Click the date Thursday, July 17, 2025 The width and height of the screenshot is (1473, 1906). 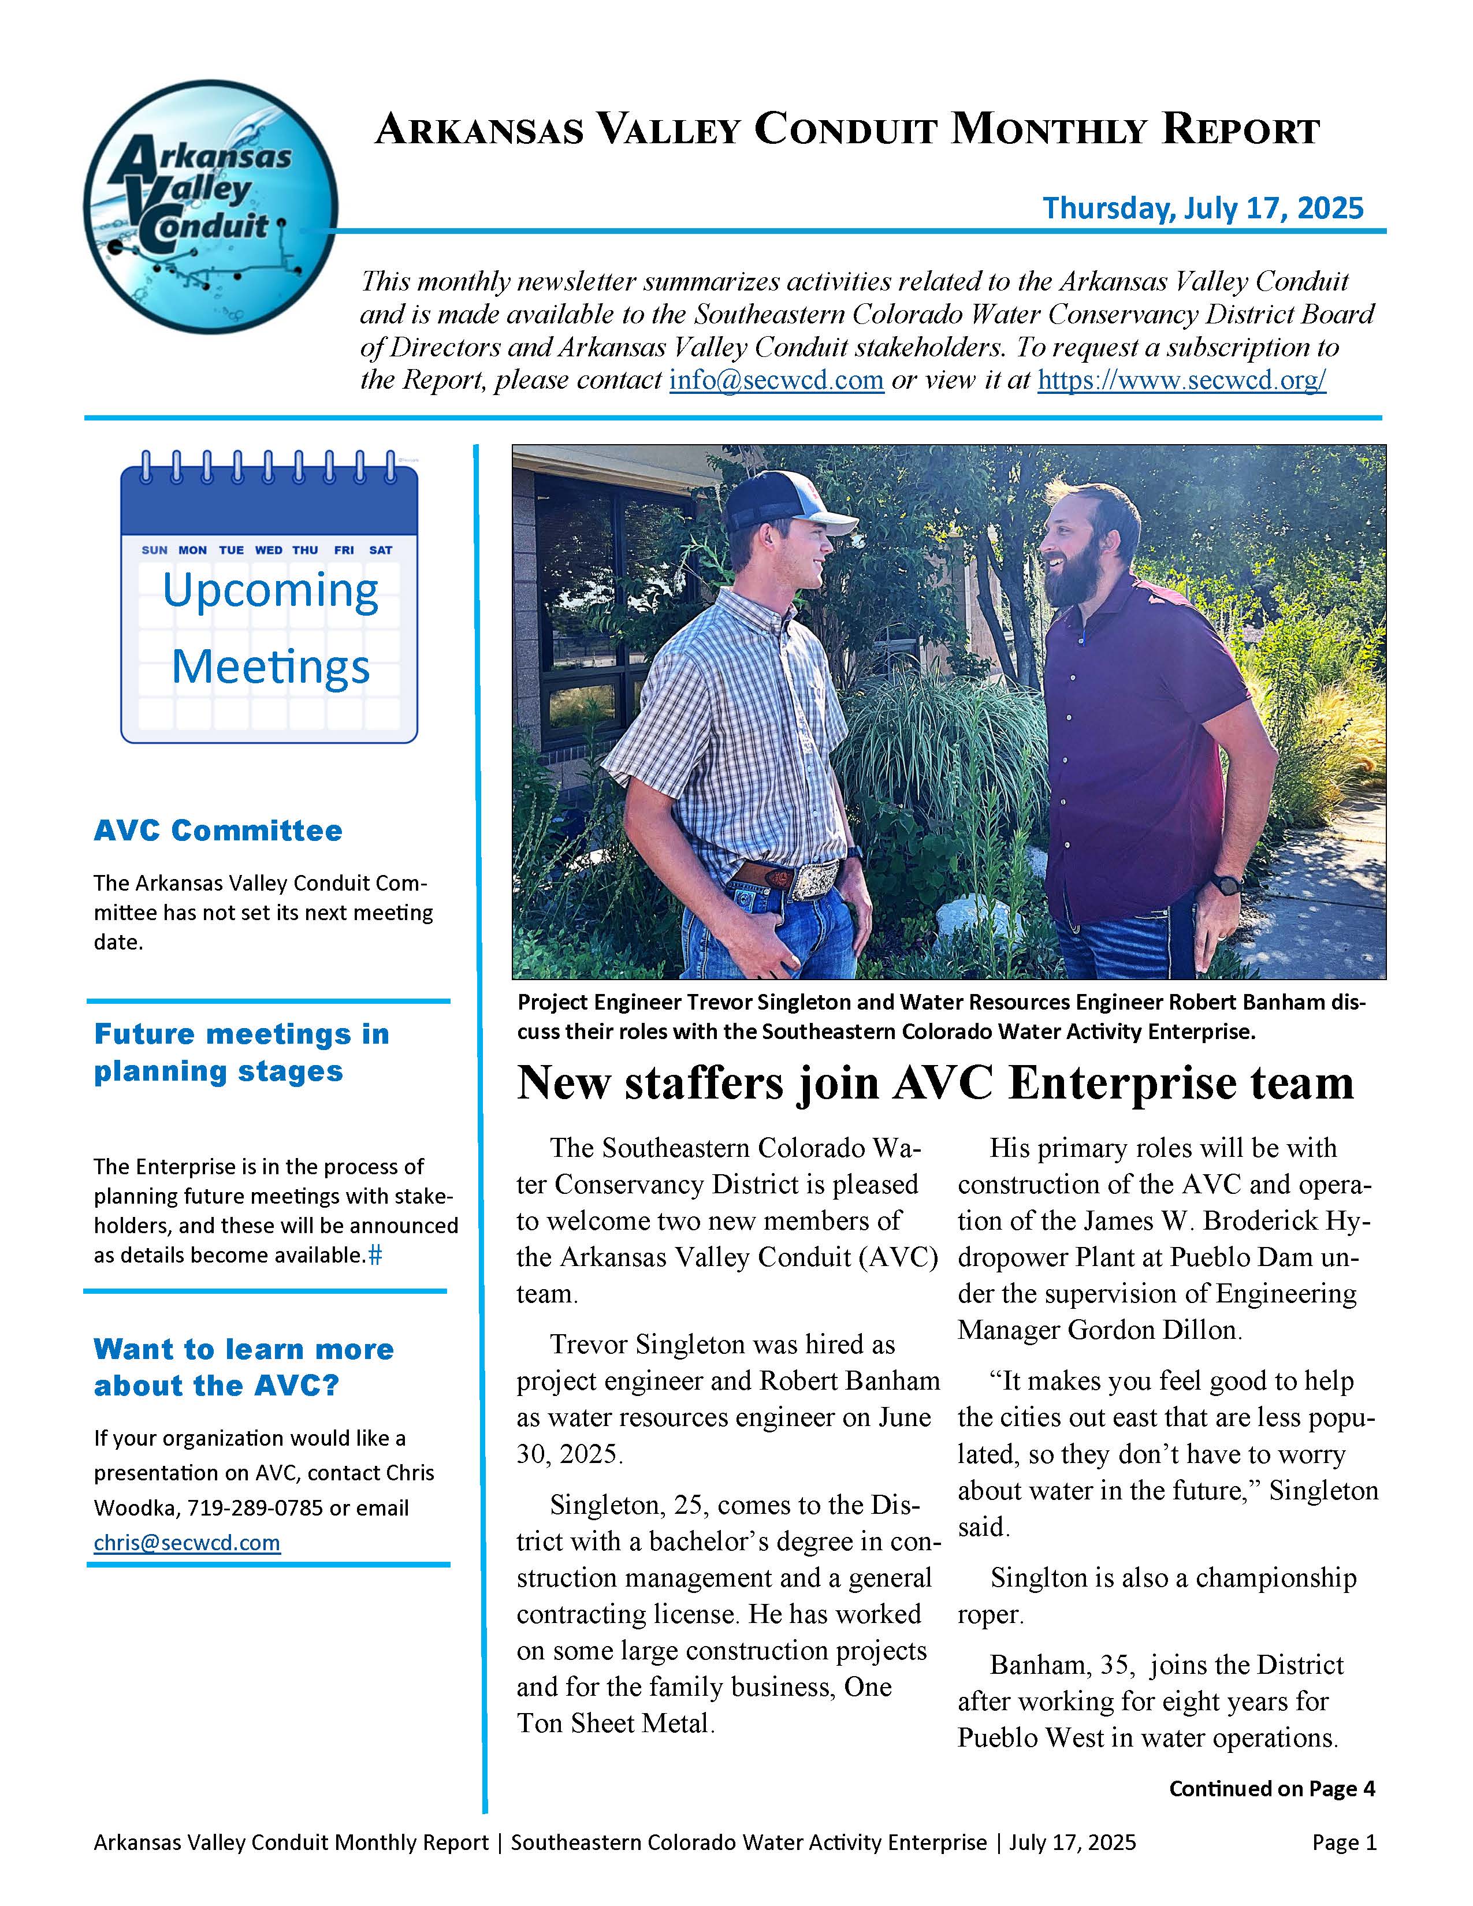point(1203,208)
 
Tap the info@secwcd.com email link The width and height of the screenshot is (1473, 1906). point(776,381)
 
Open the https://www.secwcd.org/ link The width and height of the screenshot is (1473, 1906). point(1181,381)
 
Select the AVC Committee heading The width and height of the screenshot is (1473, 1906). point(218,830)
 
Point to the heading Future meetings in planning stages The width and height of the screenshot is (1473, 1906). point(241,1052)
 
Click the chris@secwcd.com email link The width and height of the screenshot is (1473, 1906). point(187,1542)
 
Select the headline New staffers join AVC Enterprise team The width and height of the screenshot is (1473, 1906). point(935,1083)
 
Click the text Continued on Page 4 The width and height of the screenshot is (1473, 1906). point(1271,1789)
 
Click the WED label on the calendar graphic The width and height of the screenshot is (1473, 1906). point(268,550)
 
